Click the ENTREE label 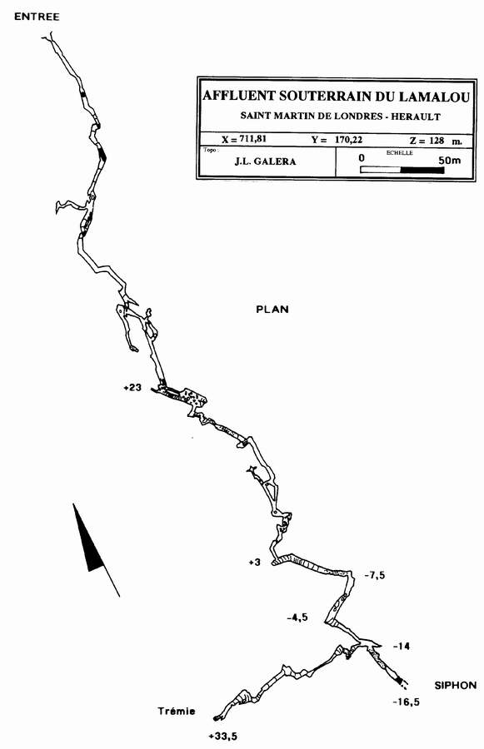[x=37, y=17]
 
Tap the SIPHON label [x=456, y=686]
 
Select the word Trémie [x=177, y=711]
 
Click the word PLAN [x=272, y=309]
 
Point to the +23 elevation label [x=132, y=387]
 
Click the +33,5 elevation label [x=223, y=737]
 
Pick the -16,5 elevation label [x=406, y=702]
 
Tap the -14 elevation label [x=402, y=647]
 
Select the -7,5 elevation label [x=375, y=575]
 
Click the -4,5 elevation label [x=297, y=618]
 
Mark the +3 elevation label [x=254, y=563]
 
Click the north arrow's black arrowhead [x=89, y=540]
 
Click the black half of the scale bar [x=422, y=170]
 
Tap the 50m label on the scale [x=449, y=160]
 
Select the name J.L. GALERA [x=265, y=161]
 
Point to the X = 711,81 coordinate [x=244, y=139]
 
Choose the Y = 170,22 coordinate [x=337, y=140]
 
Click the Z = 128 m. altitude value [x=436, y=141]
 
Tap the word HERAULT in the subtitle [x=415, y=116]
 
